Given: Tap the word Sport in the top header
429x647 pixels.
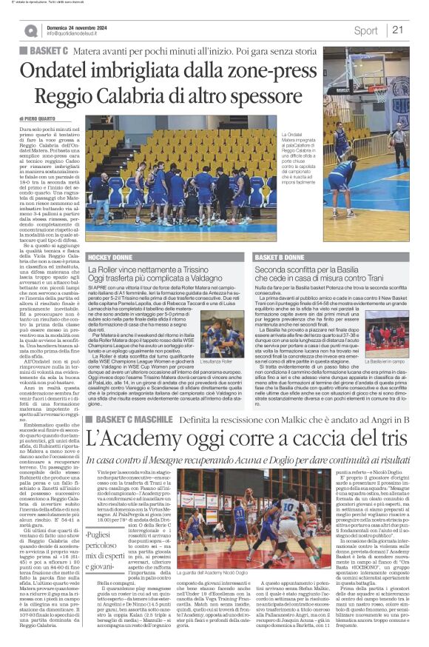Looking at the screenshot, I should click(x=365, y=30).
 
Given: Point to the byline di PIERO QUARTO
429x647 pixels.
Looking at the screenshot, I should click(x=39, y=118).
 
